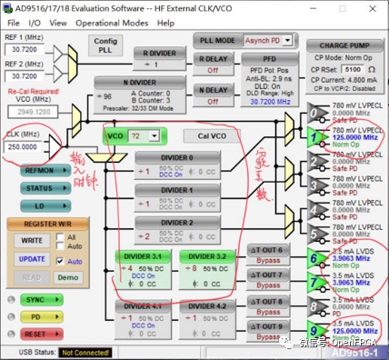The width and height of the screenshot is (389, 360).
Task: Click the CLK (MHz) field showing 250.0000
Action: click(x=24, y=146)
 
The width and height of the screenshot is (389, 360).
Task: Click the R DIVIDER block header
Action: click(x=162, y=52)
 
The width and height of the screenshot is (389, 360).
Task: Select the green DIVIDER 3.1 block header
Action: click(x=144, y=255)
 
